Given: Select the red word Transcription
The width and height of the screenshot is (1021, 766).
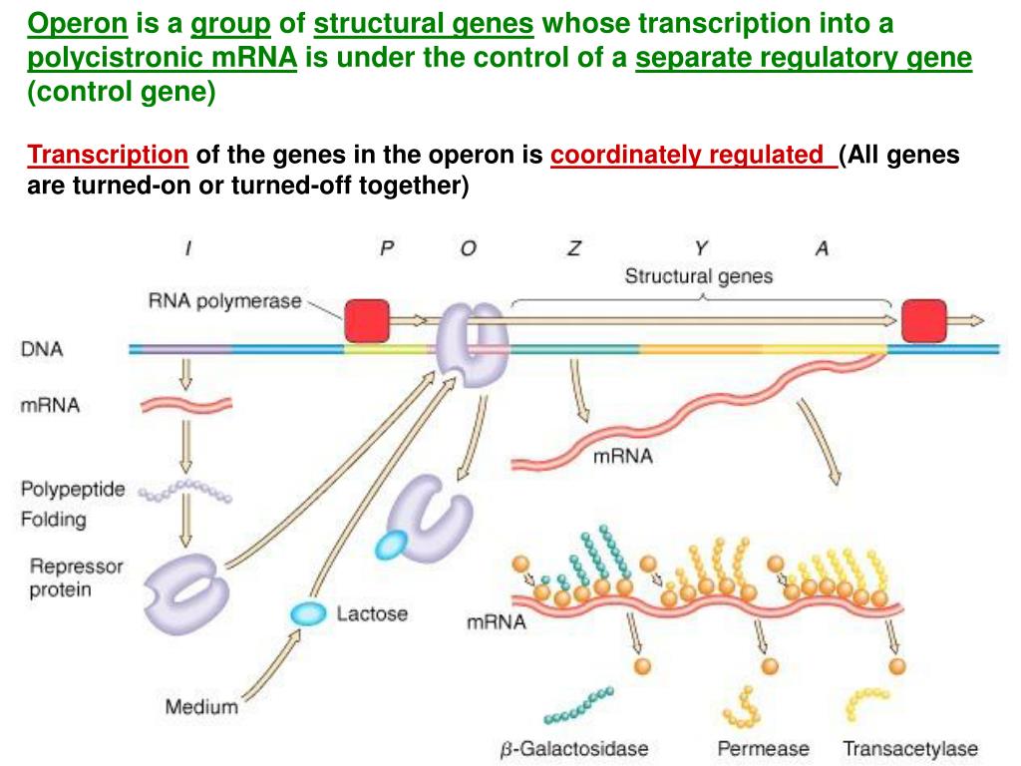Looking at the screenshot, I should [x=108, y=156].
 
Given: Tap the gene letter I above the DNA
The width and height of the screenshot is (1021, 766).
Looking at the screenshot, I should [x=187, y=249].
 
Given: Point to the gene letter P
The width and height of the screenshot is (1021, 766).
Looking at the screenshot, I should [x=387, y=249].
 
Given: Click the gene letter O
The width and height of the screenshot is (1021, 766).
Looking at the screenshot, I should [x=468, y=249].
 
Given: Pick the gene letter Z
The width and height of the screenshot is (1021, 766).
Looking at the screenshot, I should [x=573, y=249].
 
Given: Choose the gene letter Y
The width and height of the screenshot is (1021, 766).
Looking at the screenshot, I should [x=701, y=249].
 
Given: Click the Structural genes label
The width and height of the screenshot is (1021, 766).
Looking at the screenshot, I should [x=698, y=276].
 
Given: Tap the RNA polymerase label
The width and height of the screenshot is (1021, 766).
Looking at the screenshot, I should [x=224, y=299].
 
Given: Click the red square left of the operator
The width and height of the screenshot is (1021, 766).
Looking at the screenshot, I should [x=367, y=320].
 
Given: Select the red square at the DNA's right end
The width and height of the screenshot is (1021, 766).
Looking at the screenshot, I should [x=923, y=320].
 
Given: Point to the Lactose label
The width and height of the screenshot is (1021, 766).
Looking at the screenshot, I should [x=372, y=613].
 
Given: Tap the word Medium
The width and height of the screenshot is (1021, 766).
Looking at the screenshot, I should [x=201, y=707].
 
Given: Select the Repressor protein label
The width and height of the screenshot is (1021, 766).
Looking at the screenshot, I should [x=76, y=577].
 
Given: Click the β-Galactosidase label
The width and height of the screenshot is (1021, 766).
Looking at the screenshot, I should [x=573, y=748].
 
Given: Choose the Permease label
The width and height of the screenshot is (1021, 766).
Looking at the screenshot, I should [x=763, y=748].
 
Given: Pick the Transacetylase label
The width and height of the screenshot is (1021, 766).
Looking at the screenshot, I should [x=910, y=748].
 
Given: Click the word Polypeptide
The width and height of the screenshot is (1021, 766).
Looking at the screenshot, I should [x=73, y=489].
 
